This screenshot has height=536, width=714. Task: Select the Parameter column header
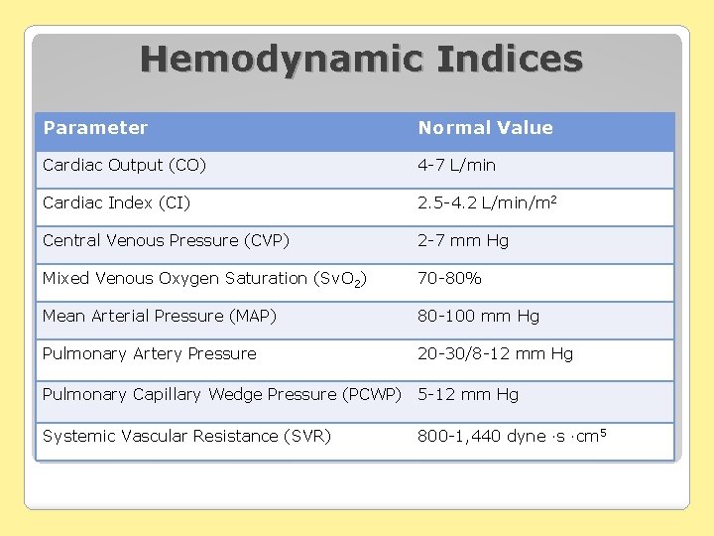[95, 128]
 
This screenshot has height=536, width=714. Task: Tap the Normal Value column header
[485, 128]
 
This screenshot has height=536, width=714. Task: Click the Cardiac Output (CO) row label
[124, 166]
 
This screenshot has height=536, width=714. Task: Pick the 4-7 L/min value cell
[456, 166]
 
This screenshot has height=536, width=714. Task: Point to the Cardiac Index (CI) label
[116, 203]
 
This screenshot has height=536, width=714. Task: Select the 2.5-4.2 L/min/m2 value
[487, 203]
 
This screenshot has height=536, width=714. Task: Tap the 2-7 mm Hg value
[463, 241]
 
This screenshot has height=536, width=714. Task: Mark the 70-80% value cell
[449, 279]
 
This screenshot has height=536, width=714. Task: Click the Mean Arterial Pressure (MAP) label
[159, 317]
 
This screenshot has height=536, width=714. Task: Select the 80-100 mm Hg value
[478, 317]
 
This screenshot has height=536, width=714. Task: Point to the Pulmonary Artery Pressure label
[149, 354]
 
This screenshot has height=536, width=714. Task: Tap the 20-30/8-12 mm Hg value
[495, 354]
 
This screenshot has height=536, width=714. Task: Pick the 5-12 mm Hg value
[467, 395]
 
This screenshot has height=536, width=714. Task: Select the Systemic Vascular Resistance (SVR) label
[186, 437]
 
